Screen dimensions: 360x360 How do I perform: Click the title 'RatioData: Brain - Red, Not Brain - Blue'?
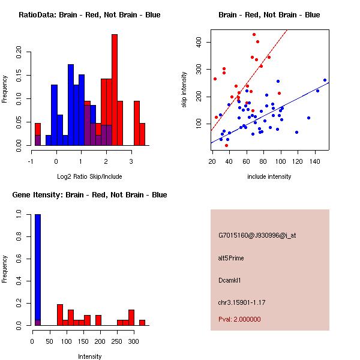(x=89, y=15)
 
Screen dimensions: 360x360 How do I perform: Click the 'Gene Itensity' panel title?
(x=89, y=195)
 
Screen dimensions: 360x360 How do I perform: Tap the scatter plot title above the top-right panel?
(x=269, y=15)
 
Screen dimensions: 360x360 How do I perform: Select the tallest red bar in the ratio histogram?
(x=114, y=90)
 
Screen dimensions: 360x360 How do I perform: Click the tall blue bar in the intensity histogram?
(x=37, y=270)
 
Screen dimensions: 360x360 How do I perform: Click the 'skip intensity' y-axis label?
(x=185, y=90)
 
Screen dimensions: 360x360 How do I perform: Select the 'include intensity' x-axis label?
(x=269, y=176)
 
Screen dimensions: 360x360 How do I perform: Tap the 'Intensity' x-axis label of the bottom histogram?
(x=89, y=356)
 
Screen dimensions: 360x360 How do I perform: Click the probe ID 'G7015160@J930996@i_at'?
(x=257, y=235)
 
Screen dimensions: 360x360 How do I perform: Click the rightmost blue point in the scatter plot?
(x=325, y=80)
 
